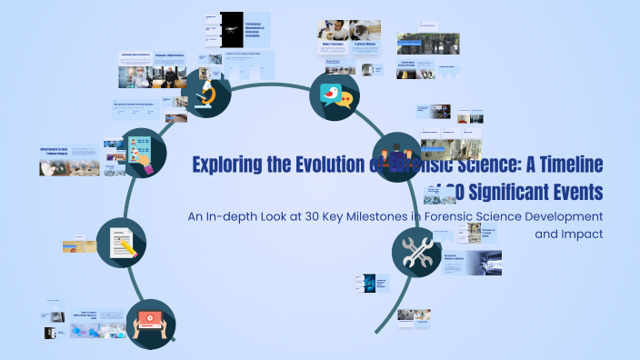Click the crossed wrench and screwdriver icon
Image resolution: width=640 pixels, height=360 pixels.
click(416, 252)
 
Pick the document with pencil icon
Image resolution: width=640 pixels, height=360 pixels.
click(121, 243)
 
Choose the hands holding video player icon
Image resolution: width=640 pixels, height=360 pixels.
click(151, 324)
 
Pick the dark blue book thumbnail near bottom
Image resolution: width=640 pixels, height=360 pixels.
click(371, 285)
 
